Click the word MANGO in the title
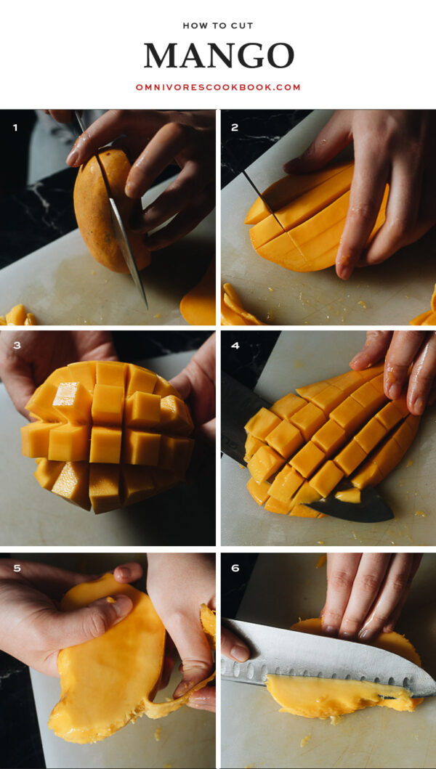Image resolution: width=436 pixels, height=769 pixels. point(219,56)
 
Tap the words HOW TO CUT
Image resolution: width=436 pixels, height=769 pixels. point(218,25)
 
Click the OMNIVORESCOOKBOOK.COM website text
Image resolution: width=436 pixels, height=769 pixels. point(218,87)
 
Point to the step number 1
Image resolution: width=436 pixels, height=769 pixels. point(15,128)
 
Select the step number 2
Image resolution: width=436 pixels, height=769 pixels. point(235,128)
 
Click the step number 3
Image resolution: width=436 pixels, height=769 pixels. point(15,346)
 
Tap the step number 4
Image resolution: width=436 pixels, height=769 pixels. point(235,346)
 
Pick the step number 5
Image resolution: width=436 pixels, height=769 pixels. point(16,569)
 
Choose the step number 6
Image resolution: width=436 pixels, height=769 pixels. point(235,569)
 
